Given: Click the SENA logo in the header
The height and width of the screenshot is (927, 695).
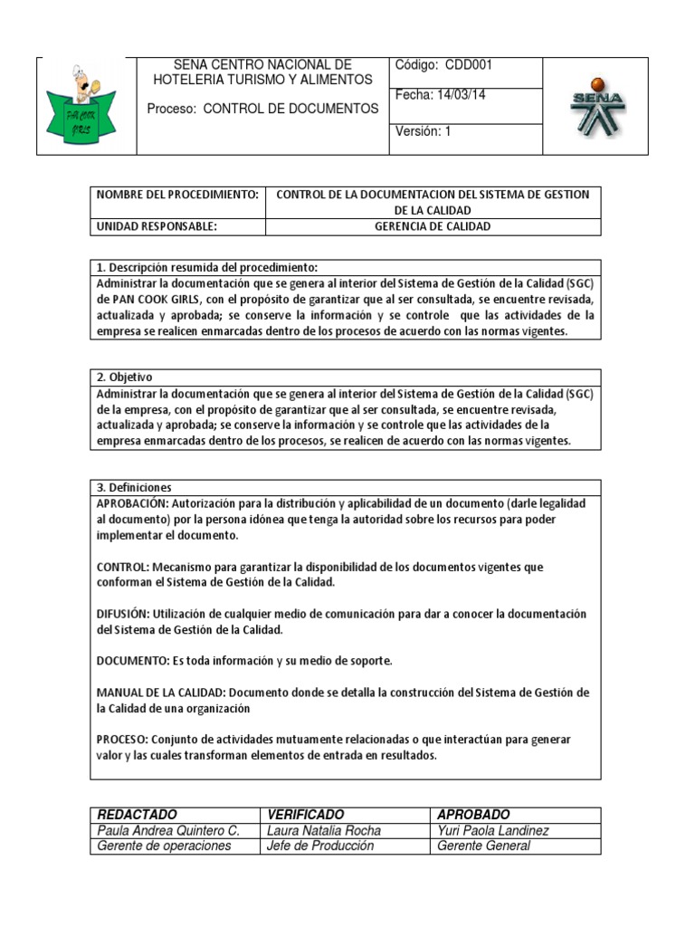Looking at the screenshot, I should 596,107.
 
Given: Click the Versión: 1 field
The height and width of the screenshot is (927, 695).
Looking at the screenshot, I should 422,131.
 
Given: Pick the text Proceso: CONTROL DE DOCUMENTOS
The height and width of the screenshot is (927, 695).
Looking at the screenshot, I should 262,109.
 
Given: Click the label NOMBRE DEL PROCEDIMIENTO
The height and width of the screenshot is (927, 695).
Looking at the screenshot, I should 177,195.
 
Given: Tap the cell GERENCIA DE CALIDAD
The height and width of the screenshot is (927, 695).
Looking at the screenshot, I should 433,226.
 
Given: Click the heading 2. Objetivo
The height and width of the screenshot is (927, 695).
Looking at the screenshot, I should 125,377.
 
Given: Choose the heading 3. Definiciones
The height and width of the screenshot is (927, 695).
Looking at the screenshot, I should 133,487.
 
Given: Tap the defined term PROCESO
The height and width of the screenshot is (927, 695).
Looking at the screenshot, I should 123,740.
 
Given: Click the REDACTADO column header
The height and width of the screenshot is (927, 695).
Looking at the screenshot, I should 137,815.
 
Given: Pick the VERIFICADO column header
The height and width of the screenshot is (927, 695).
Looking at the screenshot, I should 306,815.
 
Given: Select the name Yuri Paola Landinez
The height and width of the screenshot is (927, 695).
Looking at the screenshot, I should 492,830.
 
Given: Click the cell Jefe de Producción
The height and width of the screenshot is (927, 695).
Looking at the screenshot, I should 320,846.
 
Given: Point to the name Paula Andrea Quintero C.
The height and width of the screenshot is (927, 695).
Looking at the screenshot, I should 168,830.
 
